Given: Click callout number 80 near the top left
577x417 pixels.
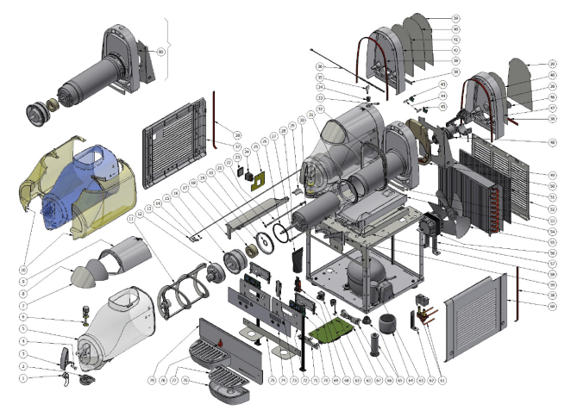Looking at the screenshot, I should (160, 52).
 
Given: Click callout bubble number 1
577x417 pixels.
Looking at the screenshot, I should (23, 377).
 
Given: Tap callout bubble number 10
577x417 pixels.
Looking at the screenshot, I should (23, 257).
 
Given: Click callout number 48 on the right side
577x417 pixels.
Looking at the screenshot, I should (551, 142).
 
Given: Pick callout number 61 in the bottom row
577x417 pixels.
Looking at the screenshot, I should (442, 379).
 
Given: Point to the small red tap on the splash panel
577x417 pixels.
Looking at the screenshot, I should (223, 340).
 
